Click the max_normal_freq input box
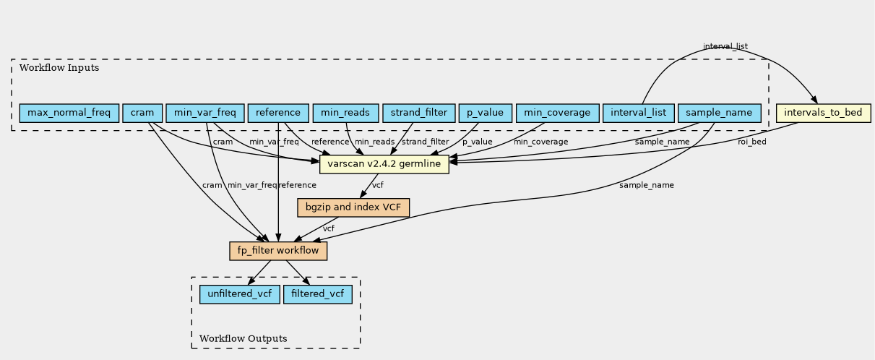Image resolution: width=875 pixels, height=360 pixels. tap(69, 113)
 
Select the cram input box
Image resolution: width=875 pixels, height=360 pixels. tap(142, 113)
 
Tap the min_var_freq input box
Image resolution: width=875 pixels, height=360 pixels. tap(205, 113)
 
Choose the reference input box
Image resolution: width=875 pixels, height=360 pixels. tap(278, 113)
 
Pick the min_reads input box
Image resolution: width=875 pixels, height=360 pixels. tap(345, 113)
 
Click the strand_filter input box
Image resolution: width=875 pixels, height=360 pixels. tap(419, 113)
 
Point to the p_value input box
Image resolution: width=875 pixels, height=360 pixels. tap(485, 113)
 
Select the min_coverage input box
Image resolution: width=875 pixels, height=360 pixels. tap(557, 113)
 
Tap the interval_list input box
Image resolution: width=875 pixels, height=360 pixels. tap(638, 113)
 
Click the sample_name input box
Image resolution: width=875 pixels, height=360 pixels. tap(719, 113)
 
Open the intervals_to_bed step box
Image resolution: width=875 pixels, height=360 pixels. tap(824, 113)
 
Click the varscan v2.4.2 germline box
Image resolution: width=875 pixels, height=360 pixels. tap(384, 164)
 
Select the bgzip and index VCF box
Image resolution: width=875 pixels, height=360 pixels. tap(353, 207)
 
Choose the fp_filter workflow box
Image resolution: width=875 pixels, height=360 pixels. tap(278, 251)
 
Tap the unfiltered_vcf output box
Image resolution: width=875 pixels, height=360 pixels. tap(239, 294)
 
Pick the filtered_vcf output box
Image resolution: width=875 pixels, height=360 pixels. tap(318, 294)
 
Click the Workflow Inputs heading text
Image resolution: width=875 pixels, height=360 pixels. tap(59, 68)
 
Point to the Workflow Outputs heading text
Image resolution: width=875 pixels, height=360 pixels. tap(243, 338)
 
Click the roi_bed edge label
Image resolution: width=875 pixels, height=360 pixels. tap(752, 142)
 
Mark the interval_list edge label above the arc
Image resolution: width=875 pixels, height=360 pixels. tap(725, 46)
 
